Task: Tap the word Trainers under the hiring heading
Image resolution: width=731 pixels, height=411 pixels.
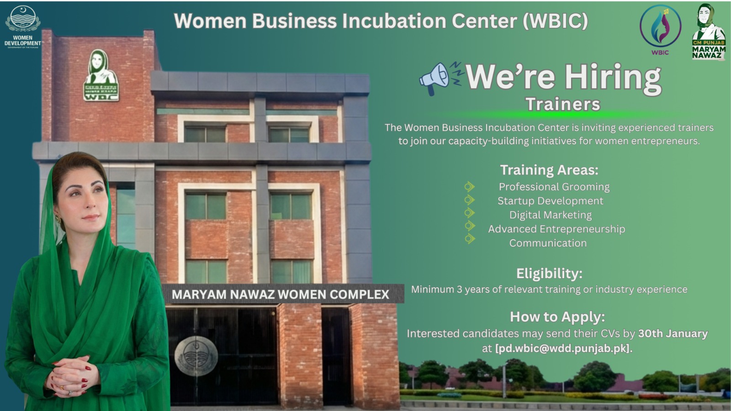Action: pyautogui.click(x=563, y=104)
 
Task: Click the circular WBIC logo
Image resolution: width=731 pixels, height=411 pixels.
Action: pyautogui.click(x=660, y=29)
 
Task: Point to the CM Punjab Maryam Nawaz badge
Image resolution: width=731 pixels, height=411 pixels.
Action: pyautogui.click(x=709, y=32)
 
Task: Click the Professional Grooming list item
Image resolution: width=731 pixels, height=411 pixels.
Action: pyautogui.click(x=554, y=187)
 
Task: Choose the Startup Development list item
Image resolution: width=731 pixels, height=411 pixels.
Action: pyautogui.click(x=551, y=201)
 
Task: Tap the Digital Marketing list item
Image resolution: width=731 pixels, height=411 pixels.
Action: pyautogui.click(x=551, y=215)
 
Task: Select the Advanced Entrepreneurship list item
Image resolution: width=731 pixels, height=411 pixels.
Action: pyautogui.click(x=557, y=229)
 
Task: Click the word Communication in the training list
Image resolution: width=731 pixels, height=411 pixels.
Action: pyautogui.click(x=548, y=243)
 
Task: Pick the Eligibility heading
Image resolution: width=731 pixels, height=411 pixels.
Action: pyautogui.click(x=549, y=274)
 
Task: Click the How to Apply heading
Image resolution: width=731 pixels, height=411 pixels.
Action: pyautogui.click(x=557, y=317)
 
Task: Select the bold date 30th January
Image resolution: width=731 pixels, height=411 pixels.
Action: pyautogui.click(x=673, y=333)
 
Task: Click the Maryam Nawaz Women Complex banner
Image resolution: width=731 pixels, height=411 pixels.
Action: pyautogui.click(x=283, y=294)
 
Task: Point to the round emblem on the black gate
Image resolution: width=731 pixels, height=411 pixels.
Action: pyautogui.click(x=196, y=356)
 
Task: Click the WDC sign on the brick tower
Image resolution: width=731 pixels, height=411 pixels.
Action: pyautogui.click(x=101, y=75)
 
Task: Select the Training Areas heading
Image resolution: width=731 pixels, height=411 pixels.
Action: pyautogui.click(x=549, y=170)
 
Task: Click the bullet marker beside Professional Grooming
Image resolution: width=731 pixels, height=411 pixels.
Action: pyautogui.click(x=469, y=187)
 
